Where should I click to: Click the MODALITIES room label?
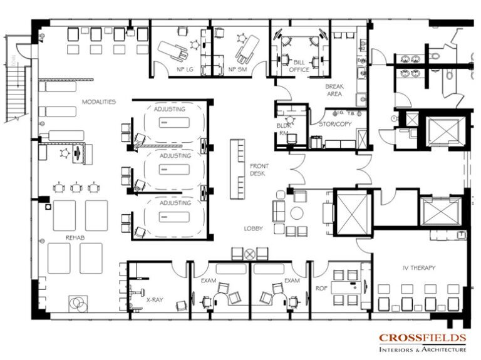(x=98, y=101)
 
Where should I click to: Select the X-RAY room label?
(x=155, y=300)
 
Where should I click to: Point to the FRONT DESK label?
(x=259, y=170)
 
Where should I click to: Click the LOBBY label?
(x=254, y=229)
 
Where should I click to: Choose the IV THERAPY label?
(x=419, y=268)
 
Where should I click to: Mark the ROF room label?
(x=321, y=289)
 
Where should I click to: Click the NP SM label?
(x=236, y=69)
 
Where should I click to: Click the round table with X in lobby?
(x=250, y=254)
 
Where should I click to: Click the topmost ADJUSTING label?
(x=169, y=110)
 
